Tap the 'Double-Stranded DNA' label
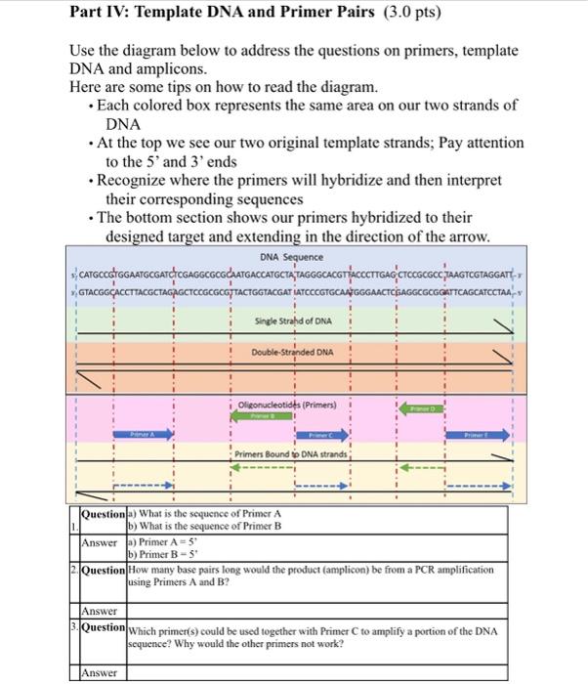[292, 352]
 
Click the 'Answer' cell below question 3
[100, 672]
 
